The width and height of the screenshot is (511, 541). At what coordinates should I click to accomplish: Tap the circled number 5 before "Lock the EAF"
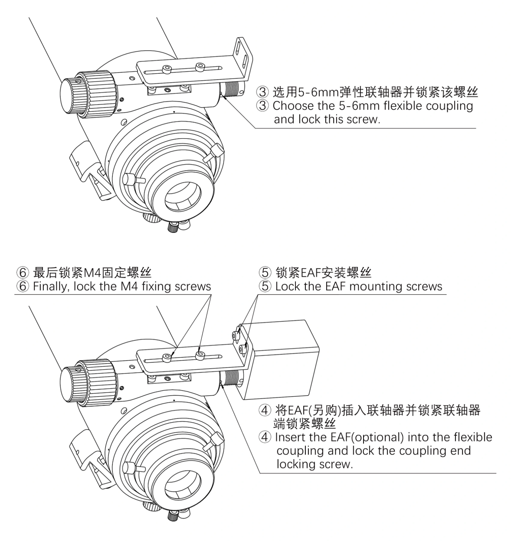point(265,286)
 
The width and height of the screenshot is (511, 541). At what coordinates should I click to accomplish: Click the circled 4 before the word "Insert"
point(265,437)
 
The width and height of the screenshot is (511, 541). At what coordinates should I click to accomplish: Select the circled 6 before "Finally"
point(23,286)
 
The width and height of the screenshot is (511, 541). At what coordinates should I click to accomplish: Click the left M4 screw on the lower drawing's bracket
point(167,358)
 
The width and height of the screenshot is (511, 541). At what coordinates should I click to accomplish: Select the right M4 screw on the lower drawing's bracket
point(200,354)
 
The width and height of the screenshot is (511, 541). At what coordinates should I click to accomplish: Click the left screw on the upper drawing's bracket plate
point(167,69)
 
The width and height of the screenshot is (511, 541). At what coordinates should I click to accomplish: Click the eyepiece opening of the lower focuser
point(183,485)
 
